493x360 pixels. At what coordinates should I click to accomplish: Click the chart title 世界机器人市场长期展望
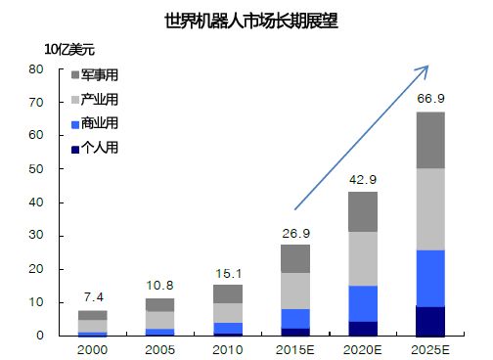[x=246, y=20]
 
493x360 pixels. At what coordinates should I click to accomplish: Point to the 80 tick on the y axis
[x=36, y=69]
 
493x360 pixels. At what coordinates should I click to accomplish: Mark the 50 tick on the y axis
[x=36, y=169]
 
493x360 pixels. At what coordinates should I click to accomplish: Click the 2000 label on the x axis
[x=93, y=349]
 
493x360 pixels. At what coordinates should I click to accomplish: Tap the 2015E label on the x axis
[x=295, y=349]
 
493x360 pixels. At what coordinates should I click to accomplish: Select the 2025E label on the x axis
[x=430, y=349]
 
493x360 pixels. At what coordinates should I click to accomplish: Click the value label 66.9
[x=430, y=99]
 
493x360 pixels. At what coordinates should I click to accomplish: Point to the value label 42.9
[x=363, y=179]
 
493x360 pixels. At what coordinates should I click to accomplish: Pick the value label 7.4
[x=93, y=297]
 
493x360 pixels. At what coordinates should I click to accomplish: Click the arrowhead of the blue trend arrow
[x=426, y=67]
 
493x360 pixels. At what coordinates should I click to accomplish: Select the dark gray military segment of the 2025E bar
[x=430, y=140]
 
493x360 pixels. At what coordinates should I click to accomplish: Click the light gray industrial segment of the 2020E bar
[x=363, y=258]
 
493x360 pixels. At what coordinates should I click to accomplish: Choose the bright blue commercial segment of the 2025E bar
[x=430, y=278]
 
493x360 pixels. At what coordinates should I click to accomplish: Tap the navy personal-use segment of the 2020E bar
[x=363, y=328]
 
